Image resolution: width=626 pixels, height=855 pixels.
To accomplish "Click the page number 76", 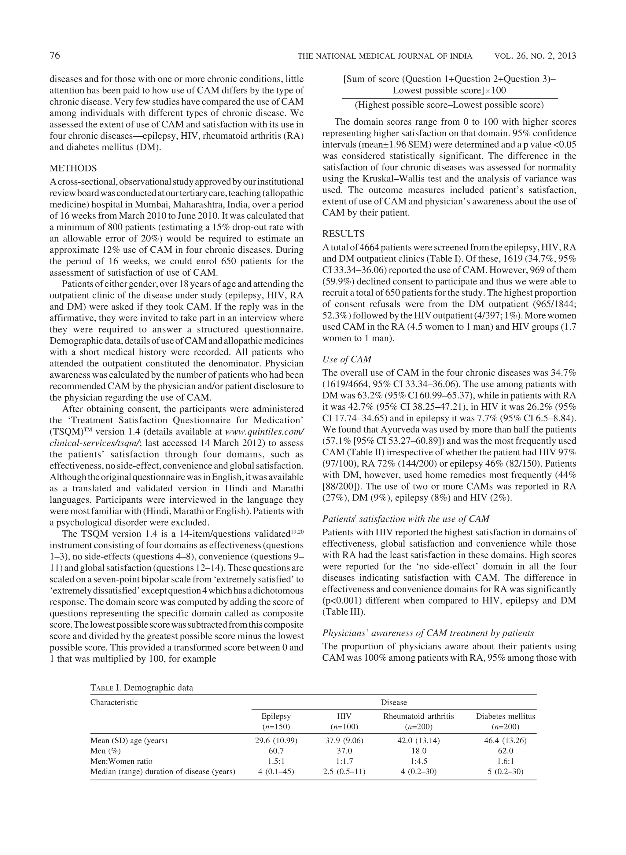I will tap(55, 56).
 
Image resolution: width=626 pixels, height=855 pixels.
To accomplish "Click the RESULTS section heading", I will tap(343, 234).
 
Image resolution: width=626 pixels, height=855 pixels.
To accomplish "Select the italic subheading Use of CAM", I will tap(346, 359).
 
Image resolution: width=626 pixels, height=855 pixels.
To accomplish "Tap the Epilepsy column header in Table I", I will tap(276, 716).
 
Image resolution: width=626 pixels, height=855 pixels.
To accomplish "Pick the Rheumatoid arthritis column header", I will tap(418, 716).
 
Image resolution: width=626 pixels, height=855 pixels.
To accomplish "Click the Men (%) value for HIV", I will tap(344, 751).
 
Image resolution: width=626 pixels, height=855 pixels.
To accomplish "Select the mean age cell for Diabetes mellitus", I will tap(505, 741).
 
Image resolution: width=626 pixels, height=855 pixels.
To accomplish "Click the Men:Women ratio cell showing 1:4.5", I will tap(418, 761).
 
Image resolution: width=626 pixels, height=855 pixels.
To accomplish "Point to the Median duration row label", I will tap(163, 772).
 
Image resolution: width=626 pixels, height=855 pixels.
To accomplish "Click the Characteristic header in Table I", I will tap(114, 702).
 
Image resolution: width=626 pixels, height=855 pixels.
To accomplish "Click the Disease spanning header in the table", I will tap(394, 702).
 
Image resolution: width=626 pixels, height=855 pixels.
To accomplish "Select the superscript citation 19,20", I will tap(297, 532).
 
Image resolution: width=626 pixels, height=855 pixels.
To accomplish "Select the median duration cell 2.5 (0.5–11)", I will tap(344, 772).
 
